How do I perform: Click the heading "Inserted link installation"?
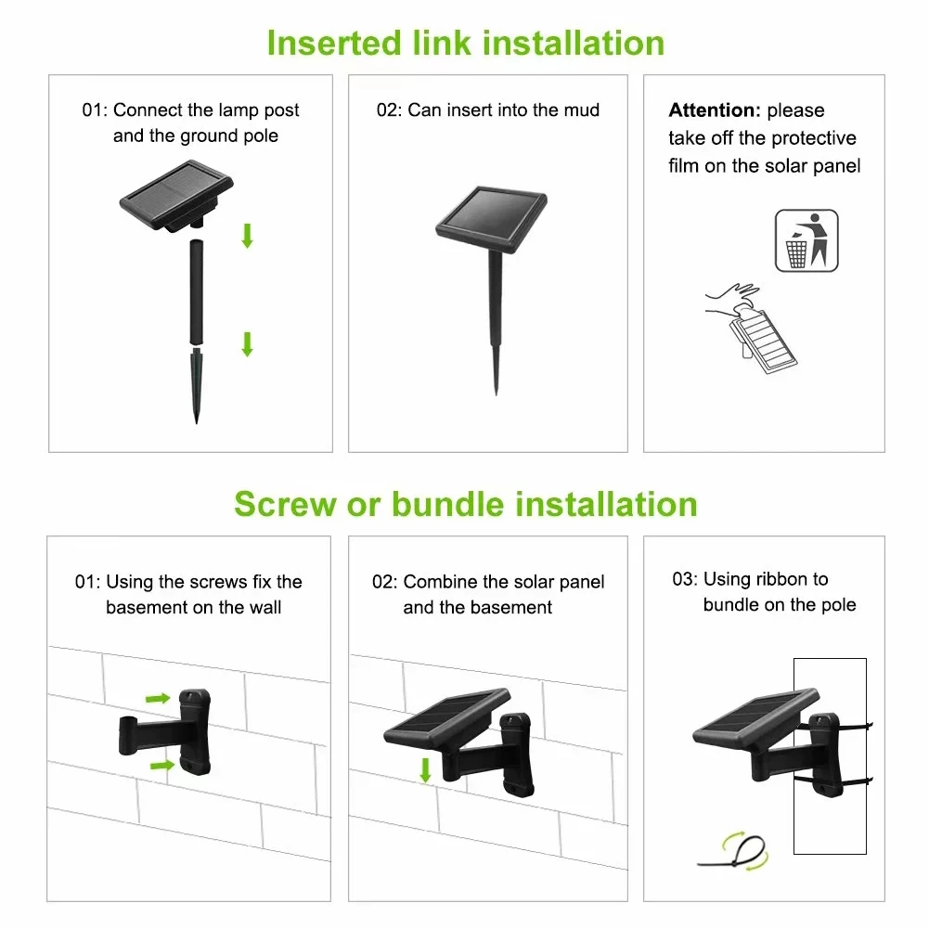coord(466,44)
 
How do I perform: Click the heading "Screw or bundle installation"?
coord(466,504)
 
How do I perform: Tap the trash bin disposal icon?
coord(806,240)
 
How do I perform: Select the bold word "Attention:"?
coord(715,110)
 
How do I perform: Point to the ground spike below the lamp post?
coord(196,385)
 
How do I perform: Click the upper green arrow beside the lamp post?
coord(248,235)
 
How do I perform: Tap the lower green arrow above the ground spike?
coord(248,344)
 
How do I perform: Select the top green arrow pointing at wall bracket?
coord(158,699)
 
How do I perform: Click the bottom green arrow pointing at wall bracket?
coord(161,766)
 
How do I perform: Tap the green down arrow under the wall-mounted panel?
coord(425,770)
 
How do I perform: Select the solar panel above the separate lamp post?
coord(176,196)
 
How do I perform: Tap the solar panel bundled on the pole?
coord(756,720)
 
